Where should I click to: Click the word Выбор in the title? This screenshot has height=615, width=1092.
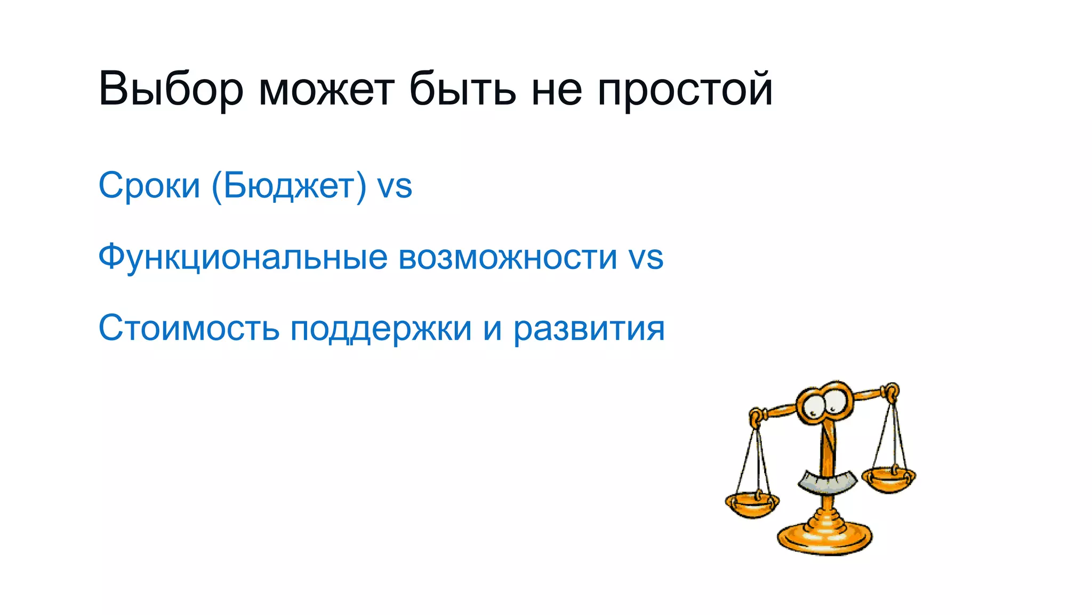click(x=171, y=89)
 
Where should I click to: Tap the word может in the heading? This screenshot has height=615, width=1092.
click(x=326, y=89)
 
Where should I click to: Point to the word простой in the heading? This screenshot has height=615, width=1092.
click(x=685, y=89)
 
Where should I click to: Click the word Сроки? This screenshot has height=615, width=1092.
click(x=149, y=186)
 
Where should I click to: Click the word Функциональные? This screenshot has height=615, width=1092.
click(x=243, y=258)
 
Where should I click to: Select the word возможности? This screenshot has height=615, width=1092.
click(x=508, y=258)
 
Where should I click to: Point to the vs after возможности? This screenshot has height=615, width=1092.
click(x=646, y=258)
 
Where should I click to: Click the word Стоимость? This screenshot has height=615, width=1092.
click(x=189, y=328)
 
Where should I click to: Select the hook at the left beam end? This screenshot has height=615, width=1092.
click(x=756, y=416)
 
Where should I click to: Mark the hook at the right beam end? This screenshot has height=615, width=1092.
click(x=891, y=392)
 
